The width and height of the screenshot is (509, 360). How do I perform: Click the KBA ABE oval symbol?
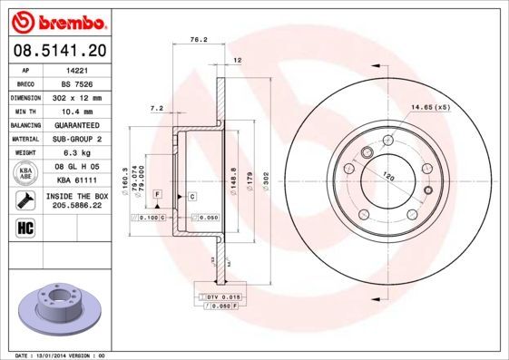pos(27,173)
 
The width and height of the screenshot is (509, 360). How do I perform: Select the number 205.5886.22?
pos(76,205)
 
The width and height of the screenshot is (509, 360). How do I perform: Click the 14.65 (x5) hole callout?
pos(430,108)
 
